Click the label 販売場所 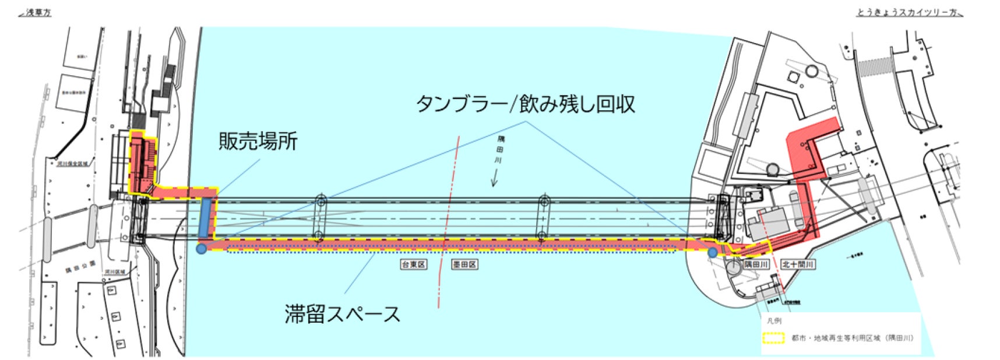point(258,142)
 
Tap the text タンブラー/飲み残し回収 point(525,104)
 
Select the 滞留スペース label point(343,314)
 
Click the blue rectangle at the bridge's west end point(205,218)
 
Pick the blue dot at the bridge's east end point(712,253)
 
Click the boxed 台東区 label point(413,264)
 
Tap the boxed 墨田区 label point(464,264)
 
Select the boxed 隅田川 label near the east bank point(756,264)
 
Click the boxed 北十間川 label point(798,264)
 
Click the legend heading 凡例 point(775,321)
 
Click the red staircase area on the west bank point(143,163)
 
